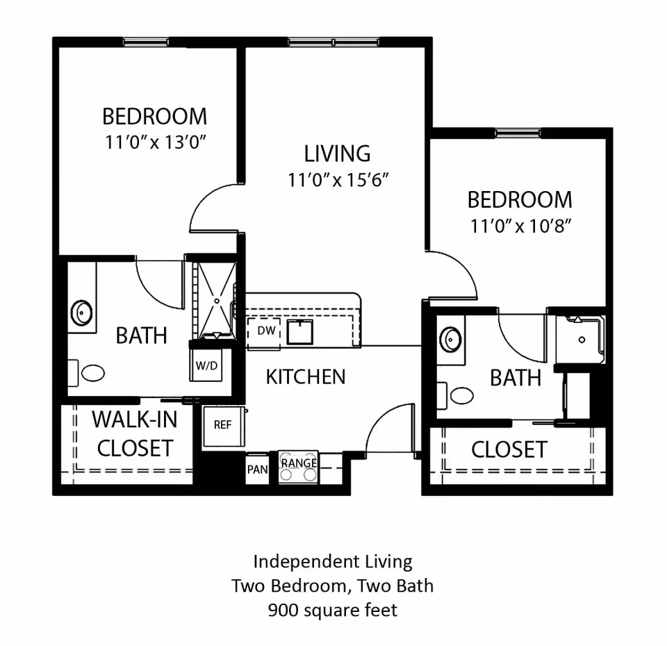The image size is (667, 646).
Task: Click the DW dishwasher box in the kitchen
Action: [265, 331]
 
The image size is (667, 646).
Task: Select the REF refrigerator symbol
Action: [222, 425]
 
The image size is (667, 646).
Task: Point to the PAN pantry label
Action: [257, 469]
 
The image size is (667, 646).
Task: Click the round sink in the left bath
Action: [83, 312]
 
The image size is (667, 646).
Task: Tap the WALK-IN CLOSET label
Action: [135, 434]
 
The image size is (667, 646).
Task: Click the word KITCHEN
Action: [306, 377]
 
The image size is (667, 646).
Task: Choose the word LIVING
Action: [337, 154]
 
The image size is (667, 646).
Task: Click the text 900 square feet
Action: [333, 611]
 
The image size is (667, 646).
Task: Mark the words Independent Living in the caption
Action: [333, 561]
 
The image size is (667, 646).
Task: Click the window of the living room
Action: [333, 42]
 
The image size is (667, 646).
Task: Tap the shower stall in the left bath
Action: [216, 299]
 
